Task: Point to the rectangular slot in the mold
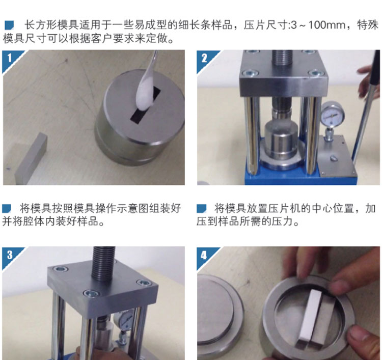[146, 105]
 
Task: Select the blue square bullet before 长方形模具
[9, 25]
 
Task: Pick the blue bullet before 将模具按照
[7, 208]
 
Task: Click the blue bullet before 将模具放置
[201, 208]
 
